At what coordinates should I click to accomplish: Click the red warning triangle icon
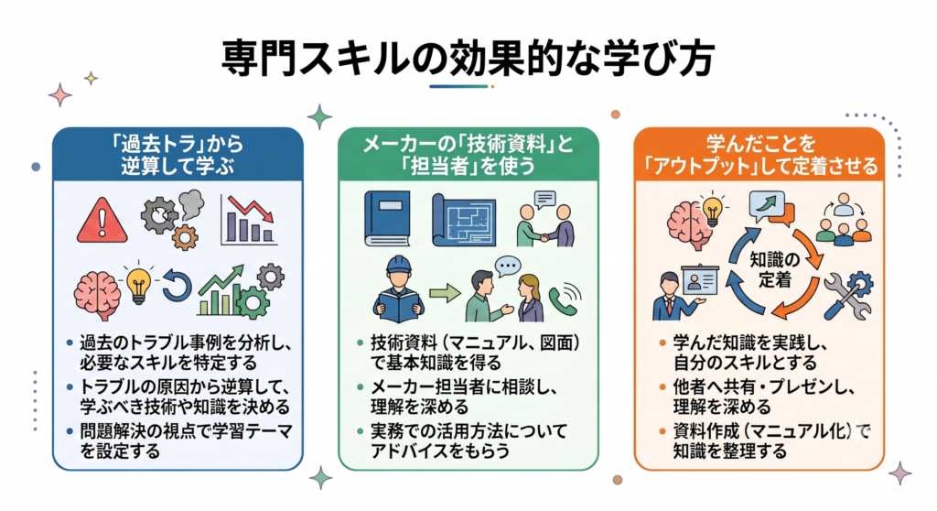coord(102,222)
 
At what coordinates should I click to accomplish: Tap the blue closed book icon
coord(387,218)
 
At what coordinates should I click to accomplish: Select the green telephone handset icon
coord(564,299)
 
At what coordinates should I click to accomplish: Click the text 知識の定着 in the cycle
coord(774,269)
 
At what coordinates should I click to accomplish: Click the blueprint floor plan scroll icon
coord(464,220)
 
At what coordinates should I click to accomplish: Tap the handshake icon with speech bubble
coord(545,219)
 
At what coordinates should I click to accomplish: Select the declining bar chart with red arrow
coord(249,220)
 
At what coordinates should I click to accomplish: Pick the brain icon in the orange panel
coord(688,225)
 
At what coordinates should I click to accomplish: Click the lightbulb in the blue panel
coord(138,283)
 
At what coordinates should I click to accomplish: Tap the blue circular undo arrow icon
coord(177,287)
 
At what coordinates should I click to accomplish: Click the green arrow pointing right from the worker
coord(446,293)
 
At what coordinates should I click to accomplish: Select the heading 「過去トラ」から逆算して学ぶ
coord(178,155)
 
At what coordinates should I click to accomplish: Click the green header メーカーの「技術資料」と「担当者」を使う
coord(468,155)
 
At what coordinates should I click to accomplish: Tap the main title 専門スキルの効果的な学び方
coord(468,59)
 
